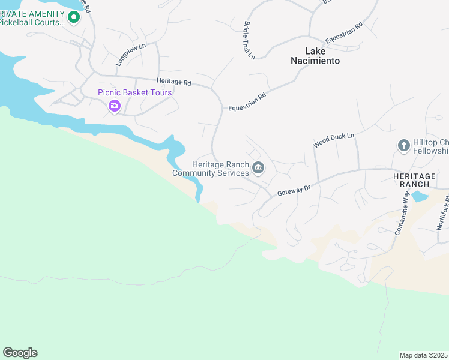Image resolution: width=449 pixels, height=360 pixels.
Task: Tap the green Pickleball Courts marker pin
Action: coord(74,17)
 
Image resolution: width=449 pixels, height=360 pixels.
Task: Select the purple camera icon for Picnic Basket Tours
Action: coord(114,106)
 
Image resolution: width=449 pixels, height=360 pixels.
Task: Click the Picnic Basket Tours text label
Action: coord(135,92)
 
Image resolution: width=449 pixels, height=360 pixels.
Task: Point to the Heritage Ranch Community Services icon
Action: coord(258,167)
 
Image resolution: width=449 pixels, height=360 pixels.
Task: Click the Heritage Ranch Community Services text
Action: coord(211,169)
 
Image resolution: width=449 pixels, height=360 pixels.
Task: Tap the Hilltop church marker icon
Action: coord(403,145)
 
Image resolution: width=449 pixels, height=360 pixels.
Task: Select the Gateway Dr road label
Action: coord(294,191)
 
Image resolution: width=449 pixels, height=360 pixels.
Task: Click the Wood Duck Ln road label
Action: coord(334,141)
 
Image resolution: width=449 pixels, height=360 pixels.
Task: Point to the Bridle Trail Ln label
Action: coord(249,40)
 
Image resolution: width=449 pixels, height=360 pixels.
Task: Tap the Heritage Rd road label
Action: coord(173,82)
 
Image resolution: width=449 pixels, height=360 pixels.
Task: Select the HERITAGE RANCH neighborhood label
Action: coord(414,179)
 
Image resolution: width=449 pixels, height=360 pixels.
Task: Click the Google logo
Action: coord(20,353)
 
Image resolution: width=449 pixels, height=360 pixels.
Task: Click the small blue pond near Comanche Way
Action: coord(420,196)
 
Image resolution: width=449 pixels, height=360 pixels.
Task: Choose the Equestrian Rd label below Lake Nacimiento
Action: coord(247,103)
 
